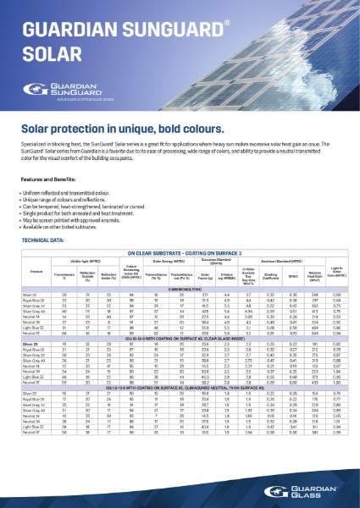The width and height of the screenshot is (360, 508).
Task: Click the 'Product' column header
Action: pyautogui.click(x=36, y=270)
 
